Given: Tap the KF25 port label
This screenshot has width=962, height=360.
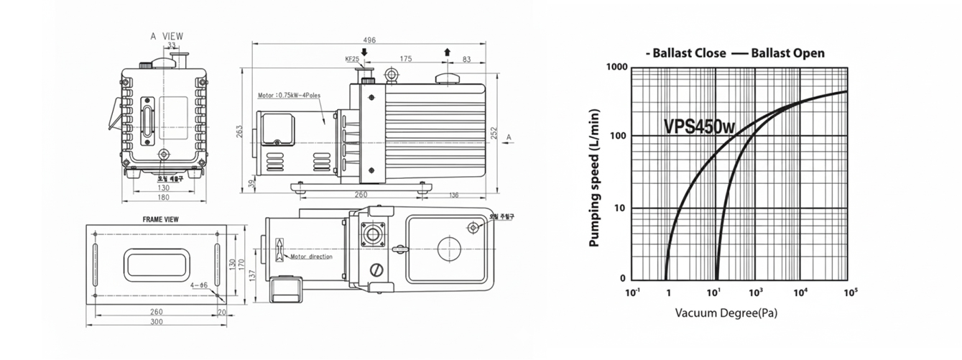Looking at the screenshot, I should pos(352,60).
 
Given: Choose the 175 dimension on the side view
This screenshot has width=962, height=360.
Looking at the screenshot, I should pos(406,59).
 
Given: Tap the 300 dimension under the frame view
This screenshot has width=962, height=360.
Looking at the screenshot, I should pos(156,321).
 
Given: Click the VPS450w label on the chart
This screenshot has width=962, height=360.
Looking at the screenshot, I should pos(699,126).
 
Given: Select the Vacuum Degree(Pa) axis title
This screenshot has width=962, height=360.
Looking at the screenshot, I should pos(726,313).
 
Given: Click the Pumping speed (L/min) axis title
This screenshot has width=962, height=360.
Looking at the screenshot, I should pos(595,177).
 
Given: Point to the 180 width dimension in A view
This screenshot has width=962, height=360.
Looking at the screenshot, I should pos(165,197).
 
